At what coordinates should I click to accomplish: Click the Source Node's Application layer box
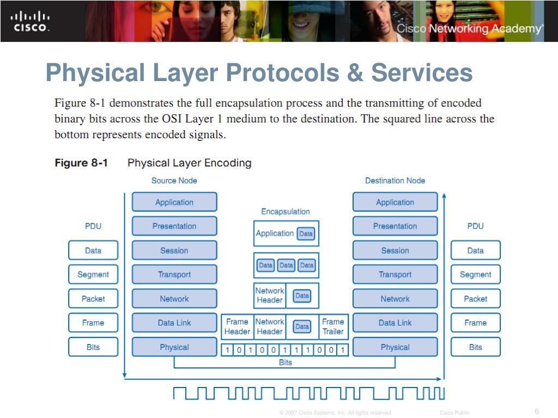click(174, 202)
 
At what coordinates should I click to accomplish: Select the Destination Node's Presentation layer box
click(395, 226)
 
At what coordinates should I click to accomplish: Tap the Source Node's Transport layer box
click(174, 274)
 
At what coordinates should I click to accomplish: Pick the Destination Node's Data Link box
click(395, 323)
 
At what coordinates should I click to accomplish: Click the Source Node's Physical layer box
click(174, 347)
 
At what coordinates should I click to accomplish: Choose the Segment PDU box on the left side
click(93, 274)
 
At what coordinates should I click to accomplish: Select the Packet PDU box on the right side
click(475, 299)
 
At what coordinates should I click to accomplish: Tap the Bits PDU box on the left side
click(93, 347)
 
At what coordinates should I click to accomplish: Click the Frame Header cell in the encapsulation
click(237, 327)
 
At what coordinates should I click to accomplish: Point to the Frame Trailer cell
click(333, 327)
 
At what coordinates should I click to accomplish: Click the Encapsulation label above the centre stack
click(286, 212)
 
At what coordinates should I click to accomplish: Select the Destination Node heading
click(395, 181)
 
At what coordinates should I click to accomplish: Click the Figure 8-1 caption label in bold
click(81, 163)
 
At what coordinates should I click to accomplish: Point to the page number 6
click(537, 411)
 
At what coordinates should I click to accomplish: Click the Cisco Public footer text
click(454, 413)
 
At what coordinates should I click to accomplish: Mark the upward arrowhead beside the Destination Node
click(444, 196)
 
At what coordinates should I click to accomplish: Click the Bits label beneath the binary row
click(286, 362)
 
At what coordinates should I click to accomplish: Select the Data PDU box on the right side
click(475, 250)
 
